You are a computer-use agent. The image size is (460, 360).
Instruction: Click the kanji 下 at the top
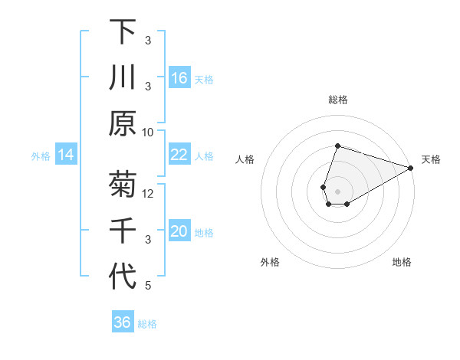point(123,32)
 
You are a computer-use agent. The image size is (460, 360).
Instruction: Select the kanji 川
point(123,78)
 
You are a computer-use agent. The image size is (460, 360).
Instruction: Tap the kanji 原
point(123,123)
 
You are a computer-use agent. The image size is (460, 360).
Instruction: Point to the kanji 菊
point(123,186)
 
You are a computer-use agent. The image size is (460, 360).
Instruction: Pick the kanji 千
point(123,231)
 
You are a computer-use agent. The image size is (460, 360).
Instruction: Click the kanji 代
point(123,277)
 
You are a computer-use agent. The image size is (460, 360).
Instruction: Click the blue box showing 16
point(179,78)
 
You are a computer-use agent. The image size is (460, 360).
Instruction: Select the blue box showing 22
point(179,155)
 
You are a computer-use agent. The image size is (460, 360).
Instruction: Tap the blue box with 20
point(179,231)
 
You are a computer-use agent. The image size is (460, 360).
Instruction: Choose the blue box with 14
point(66,155)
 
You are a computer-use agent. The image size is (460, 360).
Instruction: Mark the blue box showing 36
point(123,322)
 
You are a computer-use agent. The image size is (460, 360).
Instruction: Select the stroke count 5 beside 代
point(148,286)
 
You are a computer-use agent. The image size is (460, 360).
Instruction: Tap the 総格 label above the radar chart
point(337,100)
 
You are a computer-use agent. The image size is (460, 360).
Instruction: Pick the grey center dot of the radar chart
point(337,190)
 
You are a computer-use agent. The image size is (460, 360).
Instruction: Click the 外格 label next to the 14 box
point(41,156)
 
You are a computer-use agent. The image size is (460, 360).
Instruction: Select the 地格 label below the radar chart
point(402,263)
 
